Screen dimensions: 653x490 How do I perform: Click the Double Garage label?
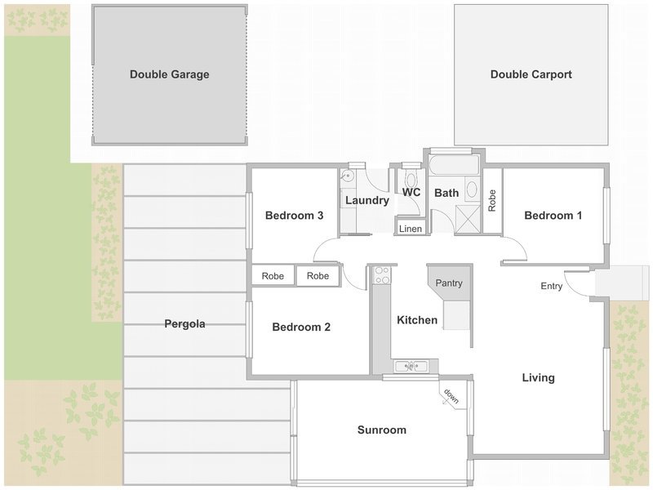point(170,74)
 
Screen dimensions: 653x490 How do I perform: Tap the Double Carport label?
point(531,74)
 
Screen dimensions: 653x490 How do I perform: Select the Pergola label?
point(184,323)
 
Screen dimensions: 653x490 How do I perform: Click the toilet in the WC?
point(411,178)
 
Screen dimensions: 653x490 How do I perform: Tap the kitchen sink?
point(411,366)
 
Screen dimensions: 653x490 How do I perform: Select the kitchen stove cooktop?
point(381,275)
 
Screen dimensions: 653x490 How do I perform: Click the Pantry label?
point(449,283)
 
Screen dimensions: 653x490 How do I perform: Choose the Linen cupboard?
point(411,229)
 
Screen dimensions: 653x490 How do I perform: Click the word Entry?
point(552,286)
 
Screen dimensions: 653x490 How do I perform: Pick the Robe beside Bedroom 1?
point(492,200)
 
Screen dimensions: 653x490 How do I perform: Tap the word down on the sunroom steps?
point(451,396)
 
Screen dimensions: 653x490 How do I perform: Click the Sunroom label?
point(382,430)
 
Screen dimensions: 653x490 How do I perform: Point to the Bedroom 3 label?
point(295,216)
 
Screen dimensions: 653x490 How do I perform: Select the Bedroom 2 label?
point(301,327)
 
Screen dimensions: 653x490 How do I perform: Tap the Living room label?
point(539,378)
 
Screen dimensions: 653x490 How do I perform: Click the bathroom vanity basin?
point(472,189)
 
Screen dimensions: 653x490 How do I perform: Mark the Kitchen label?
point(417,320)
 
